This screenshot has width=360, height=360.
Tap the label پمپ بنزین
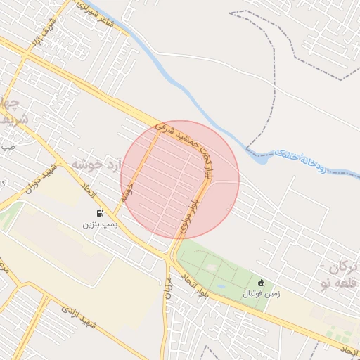[x=98, y=224]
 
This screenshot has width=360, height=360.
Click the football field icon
[x=262, y=282]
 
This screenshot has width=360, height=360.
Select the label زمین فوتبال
[x=262, y=293]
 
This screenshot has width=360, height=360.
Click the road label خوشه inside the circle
[x=127, y=191]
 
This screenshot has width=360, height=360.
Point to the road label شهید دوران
[x=39, y=181]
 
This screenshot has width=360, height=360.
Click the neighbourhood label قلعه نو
[x=335, y=283]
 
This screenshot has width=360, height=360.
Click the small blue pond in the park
[x=220, y=287]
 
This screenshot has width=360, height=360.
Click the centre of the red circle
[x=180, y=179]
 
